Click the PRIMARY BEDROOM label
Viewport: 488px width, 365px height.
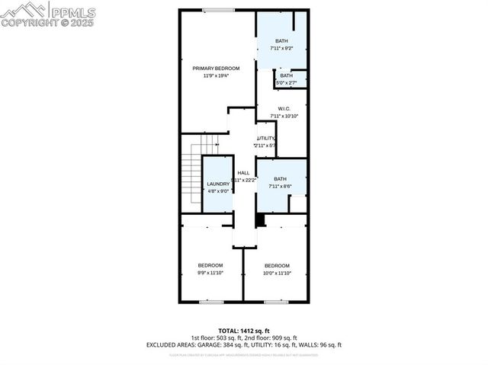coord(216,68)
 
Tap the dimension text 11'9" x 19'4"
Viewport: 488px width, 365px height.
coord(216,76)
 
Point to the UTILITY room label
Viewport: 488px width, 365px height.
coord(265,138)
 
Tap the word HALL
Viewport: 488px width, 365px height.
coord(243,173)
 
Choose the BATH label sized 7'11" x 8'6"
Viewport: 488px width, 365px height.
coord(281,179)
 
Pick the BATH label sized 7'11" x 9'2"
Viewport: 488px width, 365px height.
coord(281,41)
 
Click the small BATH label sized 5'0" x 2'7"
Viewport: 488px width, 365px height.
coord(286,75)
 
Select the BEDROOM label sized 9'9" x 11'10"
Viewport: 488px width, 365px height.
coord(210,265)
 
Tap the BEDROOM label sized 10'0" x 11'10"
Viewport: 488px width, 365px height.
coord(277,265)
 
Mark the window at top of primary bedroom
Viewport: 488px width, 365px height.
coord(219,10)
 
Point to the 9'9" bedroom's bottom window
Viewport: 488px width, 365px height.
coord(210,302)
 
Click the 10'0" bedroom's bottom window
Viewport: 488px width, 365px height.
coord(275,302)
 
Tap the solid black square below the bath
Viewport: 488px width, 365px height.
coord(260,220)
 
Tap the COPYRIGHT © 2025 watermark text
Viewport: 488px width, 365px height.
coord(47,23)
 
